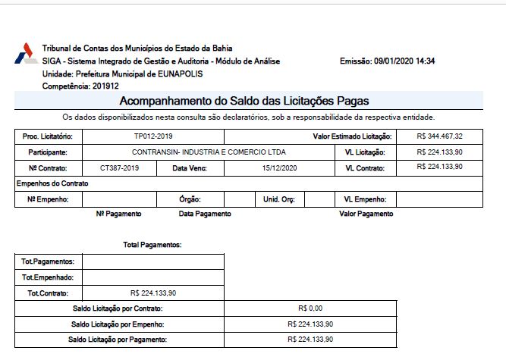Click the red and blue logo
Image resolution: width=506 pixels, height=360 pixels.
[24, 53]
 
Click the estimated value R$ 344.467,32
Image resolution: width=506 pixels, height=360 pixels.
[440, 136]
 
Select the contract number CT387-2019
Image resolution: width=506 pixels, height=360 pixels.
[119, 167]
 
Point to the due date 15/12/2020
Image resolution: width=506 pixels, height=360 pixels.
[278, 167]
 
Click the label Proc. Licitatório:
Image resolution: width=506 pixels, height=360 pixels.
[47, 136]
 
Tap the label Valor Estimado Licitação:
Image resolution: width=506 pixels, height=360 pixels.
[352, 136]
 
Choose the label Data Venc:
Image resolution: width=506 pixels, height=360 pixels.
[189, 167]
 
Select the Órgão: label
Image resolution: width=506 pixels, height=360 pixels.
[189, 199]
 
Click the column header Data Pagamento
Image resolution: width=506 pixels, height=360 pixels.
[205, 214]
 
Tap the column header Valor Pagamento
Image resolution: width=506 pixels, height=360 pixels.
[366, 214]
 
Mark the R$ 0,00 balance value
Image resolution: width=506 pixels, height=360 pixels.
[310, 308]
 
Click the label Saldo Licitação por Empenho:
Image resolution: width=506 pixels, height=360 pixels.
[118, 324]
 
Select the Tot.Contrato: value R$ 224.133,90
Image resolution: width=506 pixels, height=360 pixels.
[154, 293]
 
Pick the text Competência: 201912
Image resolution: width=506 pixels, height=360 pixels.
[76, 86]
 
